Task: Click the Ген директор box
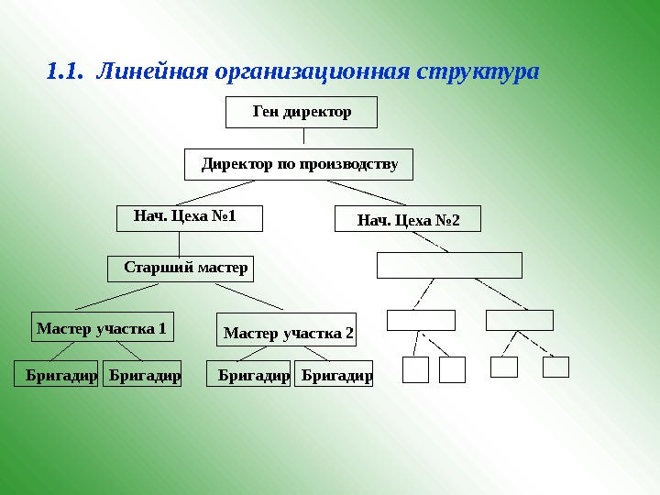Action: tap(301, 112)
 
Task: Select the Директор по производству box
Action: tap(299, 164)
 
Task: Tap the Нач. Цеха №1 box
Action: tap(190, 217)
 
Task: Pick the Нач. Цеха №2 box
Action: tap(407, 220)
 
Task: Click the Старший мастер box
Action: tap(181, 269)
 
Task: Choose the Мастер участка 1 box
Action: tap(102, 326)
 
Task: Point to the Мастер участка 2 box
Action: tap(288, 332)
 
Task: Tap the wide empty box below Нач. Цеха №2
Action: tap(449, 265)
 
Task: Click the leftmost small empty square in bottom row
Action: tap(416, 369)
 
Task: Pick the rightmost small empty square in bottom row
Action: tap(555, 367)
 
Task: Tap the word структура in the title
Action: tap(478, 71)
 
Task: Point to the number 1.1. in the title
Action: tap(64, 71)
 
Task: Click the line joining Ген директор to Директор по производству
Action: tap(303, 137)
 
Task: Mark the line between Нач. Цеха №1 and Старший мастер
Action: tap(179, 243)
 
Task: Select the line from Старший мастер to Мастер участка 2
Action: tap(248, 297)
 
